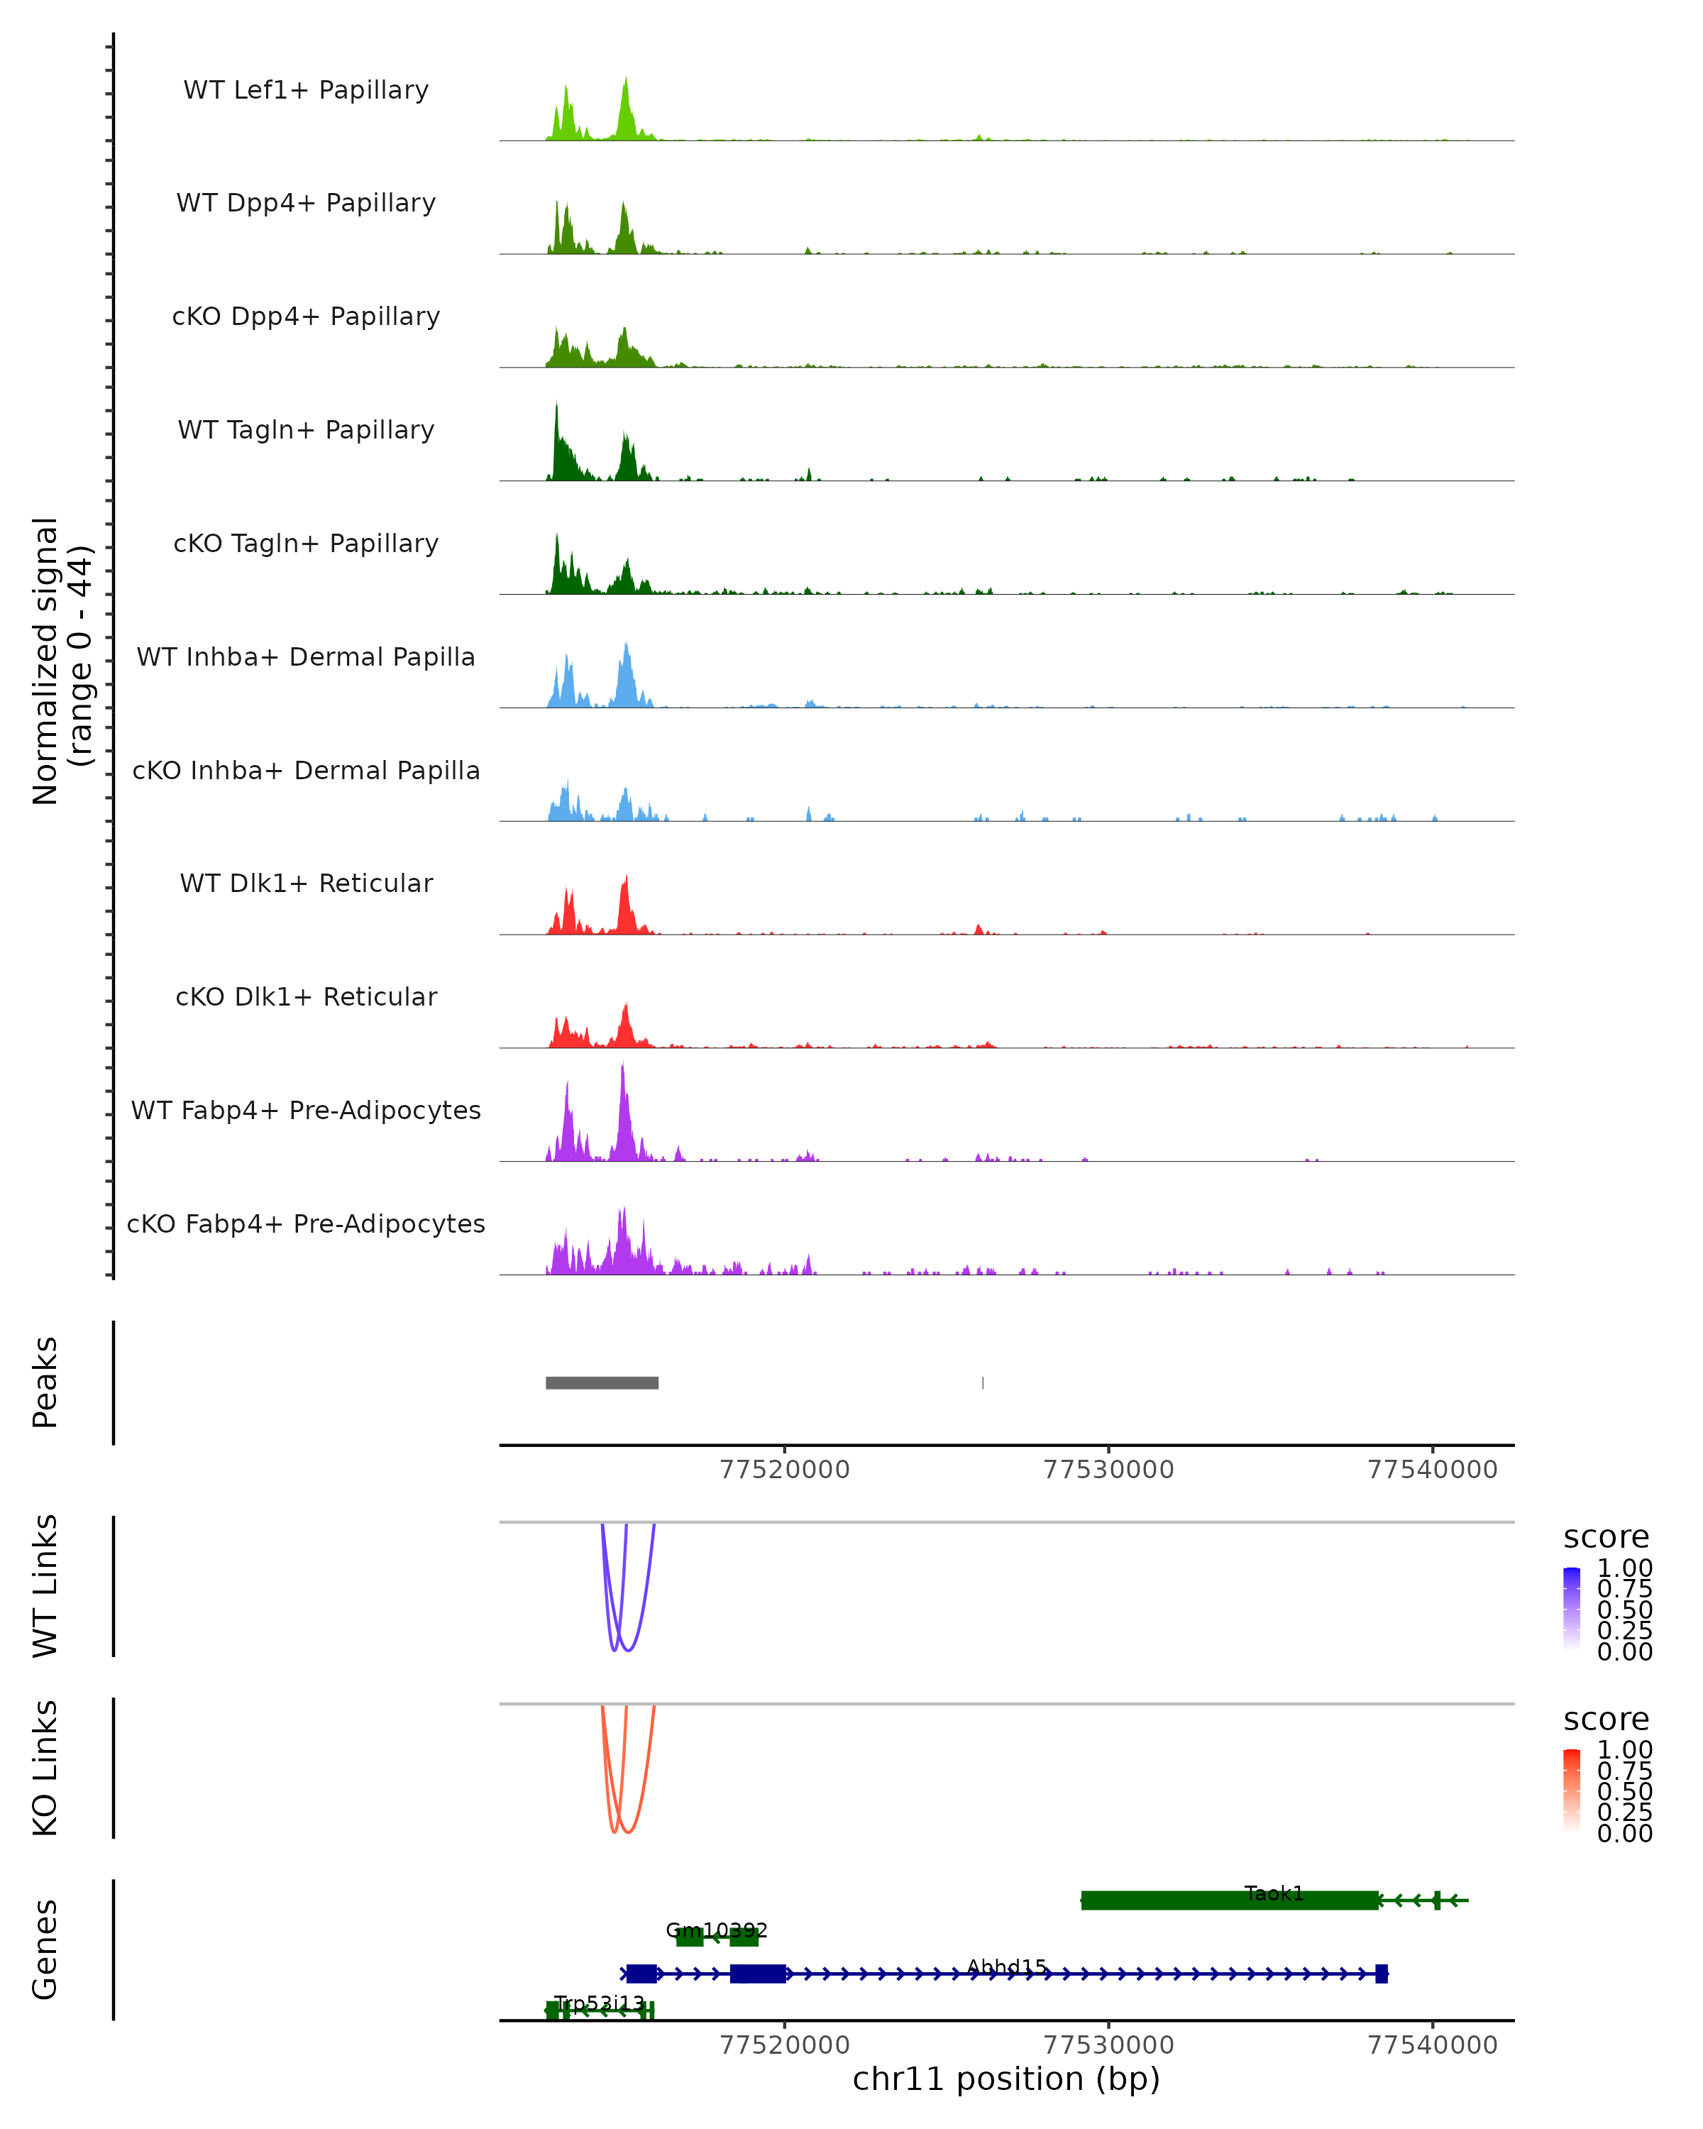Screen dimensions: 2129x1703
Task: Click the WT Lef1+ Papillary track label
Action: click(x=306, y=90)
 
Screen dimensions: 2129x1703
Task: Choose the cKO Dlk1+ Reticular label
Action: click(x=306, y=996)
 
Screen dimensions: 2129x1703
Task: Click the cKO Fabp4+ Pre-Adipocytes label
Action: click(x=306, y=1223)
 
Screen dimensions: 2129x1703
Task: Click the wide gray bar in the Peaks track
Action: click(x=602, y=1382)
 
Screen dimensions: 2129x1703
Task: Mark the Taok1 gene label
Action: click(x=1274, y=1893)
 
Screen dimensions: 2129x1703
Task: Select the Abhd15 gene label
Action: click(x=1007, y=1967)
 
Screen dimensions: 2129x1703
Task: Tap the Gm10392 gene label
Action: click(x=716, y=1930)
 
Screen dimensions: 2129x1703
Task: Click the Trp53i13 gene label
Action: click(x=600, y=2003)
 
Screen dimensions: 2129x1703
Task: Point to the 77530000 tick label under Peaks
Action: click(x=1108, y=1470)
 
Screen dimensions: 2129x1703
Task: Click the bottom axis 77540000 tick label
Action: click(x=1433, y=2045)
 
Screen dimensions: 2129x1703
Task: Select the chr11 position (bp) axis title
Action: click(x=1006, y=2079)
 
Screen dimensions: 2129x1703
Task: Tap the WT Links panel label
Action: click(x=45, y=1586)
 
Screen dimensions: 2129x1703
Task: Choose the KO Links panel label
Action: click(x=45, y=1768)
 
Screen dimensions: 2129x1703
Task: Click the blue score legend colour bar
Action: click(x=1572, y=1609)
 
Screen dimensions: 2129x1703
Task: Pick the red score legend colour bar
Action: click(x=1572, y=1790)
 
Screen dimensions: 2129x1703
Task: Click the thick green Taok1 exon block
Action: click(x=1229, y=1900)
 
